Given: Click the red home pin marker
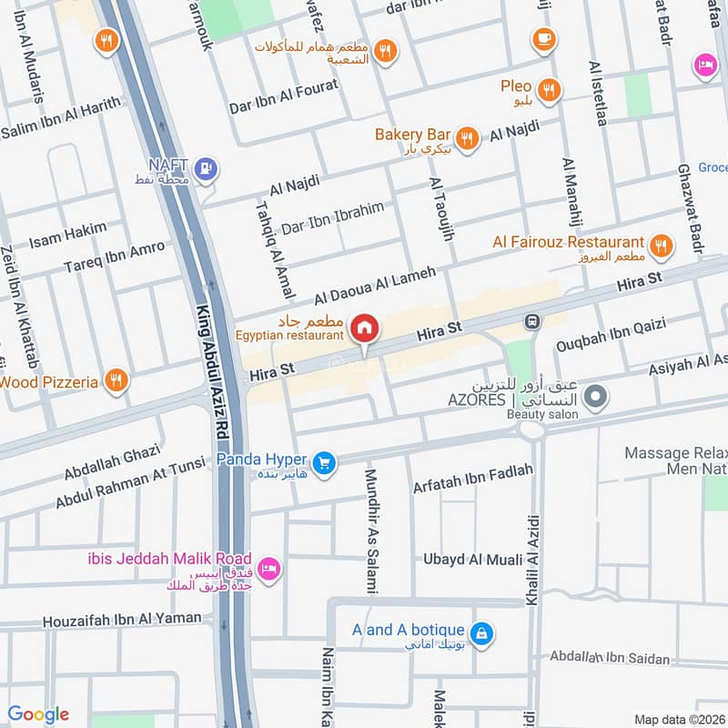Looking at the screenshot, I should tap(365, 328).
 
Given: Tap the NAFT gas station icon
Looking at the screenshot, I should tap(207, 167).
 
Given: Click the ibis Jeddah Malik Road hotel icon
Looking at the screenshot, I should tap(269, 569).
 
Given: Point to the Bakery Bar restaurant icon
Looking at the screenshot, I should tap(467, 137).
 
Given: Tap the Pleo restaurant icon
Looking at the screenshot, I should tap(549, 89).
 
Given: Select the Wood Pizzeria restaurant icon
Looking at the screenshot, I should tap(115, 381).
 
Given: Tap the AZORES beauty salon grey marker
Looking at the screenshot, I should tap(596, 397).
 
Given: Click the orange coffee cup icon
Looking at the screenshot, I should tap(543, 38).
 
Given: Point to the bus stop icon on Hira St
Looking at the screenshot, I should tap(531, 321).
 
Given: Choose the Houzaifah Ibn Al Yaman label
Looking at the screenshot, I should tap(121, 619).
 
